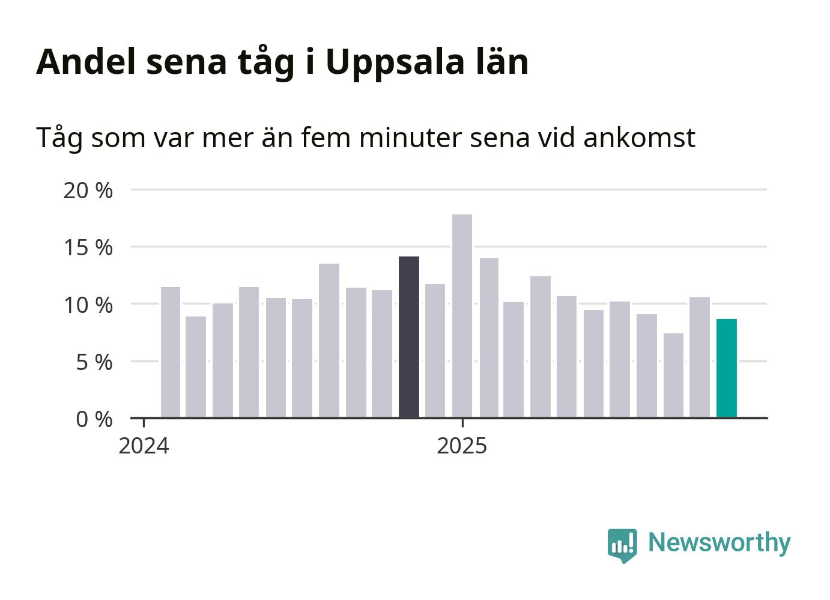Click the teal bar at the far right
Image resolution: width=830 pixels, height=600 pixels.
click(x=726, y=368)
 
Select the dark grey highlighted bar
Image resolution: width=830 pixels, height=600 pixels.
click(x=409, y=336)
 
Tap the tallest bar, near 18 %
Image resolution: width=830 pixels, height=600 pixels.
click(x=462, y=315)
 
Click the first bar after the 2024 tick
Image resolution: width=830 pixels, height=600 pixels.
click(x=171, y=352)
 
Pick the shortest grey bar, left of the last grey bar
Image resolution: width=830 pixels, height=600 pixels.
click(x=673, y=375)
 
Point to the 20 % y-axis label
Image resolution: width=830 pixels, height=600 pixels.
click(x=88, y=190)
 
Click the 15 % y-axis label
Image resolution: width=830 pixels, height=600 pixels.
click(x=88, y=247)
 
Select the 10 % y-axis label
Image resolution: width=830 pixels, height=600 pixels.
click(x=88, y=305)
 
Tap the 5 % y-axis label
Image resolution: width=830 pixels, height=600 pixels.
click(x=94, y=362)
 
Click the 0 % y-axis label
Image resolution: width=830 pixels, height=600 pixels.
click(x=94, y=419)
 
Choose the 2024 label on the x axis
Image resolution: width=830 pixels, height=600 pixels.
click(x=144, y=446)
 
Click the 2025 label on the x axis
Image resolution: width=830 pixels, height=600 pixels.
click(x=462, y=446)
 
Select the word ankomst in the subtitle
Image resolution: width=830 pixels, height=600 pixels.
click(x=639, y=138)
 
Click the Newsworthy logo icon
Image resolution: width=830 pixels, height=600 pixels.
click(x=622, y=545)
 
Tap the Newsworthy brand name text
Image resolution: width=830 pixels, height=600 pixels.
click(x=719, y=542)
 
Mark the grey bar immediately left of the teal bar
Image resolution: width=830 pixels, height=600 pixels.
click(x=700, y=357)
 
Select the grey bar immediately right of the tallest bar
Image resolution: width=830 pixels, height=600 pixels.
click(x=489, y=338)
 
